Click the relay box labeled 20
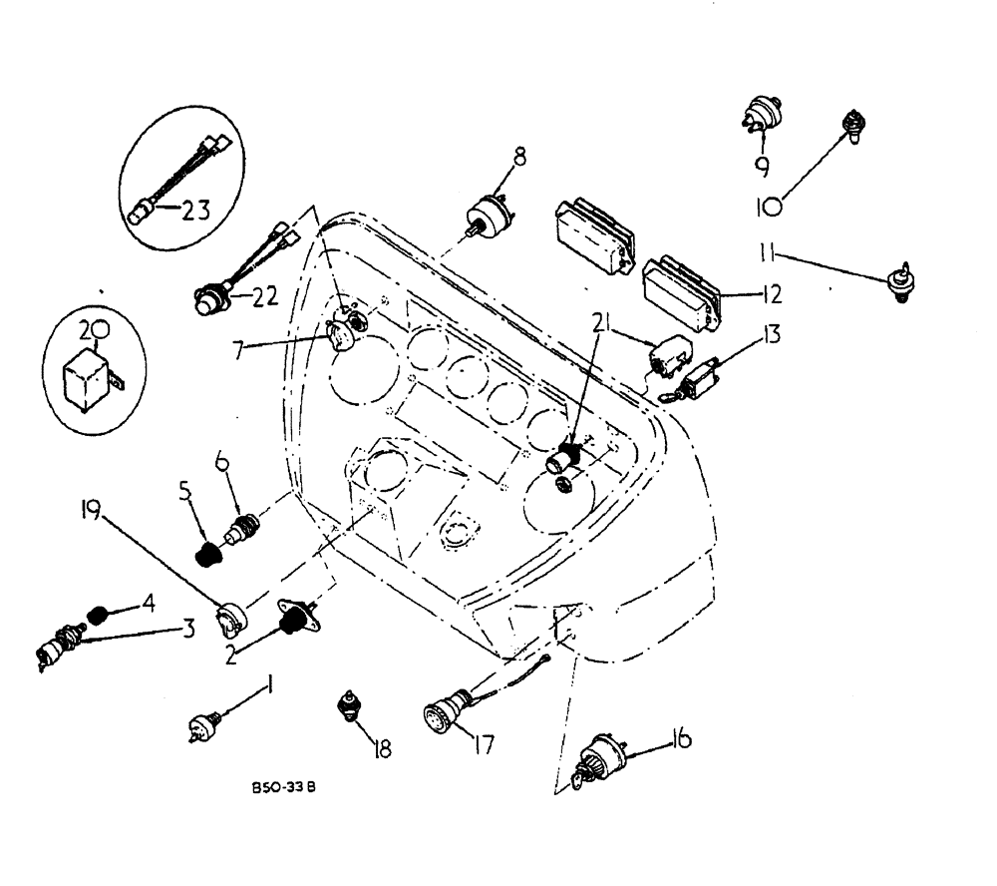click(88, 377)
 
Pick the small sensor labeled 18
click(351, 707)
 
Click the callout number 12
click(770, 294)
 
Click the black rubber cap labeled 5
click(207, 554)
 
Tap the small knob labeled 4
click(97, 613)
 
